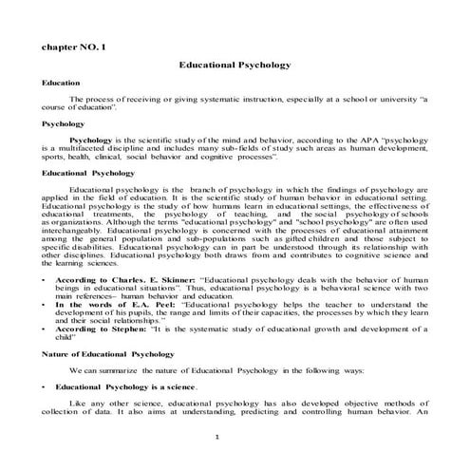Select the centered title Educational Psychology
[235, 65]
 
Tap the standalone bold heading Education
[60, 84]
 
